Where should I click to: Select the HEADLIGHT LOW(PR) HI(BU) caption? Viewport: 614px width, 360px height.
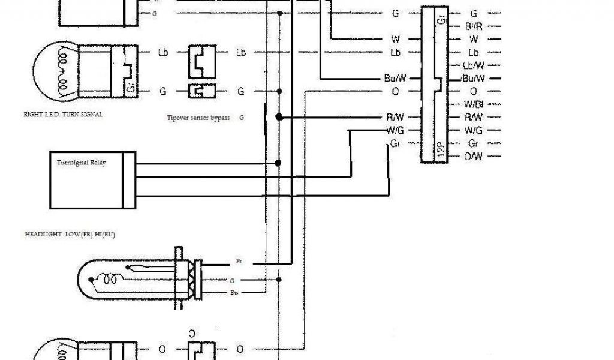coord(70,235)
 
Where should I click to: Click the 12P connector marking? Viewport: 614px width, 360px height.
coord(441,149)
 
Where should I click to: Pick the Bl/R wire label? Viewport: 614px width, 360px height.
coord(474,26)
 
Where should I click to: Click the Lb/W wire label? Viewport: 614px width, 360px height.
coord(474,65)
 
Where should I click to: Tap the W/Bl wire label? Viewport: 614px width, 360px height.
coord(474,104)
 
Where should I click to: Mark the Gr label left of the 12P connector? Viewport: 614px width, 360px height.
coord(395,144)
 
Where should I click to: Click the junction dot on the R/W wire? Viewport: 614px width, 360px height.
coord(279,118)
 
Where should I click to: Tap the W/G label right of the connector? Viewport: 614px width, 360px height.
coord(474,130)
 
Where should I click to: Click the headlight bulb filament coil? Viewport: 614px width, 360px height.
coord(112,279)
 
